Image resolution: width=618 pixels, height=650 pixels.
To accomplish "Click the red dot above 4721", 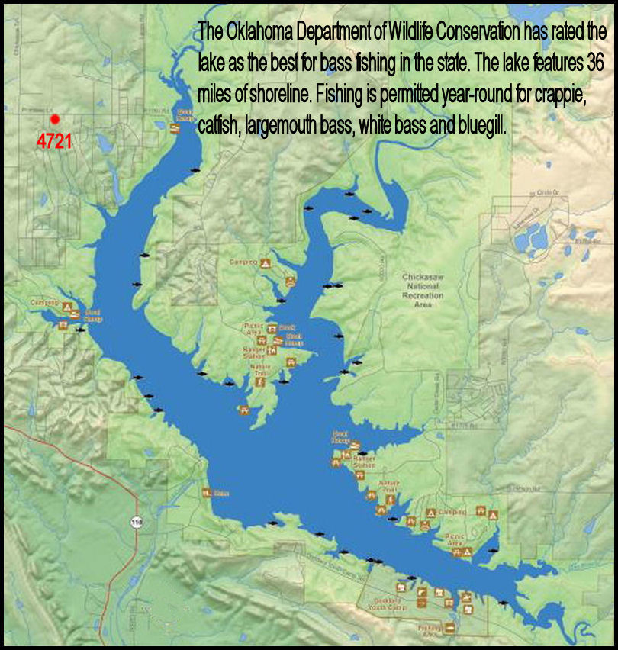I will [x=54, y=119].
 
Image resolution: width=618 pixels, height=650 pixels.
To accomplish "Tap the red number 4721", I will [x=54, y=141].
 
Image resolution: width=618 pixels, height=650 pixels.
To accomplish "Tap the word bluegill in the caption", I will [x=481, y=126].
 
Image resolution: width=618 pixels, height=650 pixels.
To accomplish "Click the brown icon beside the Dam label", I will [x=206, y=492].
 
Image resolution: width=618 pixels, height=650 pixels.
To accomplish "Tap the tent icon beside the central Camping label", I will [x=265, y=262].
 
